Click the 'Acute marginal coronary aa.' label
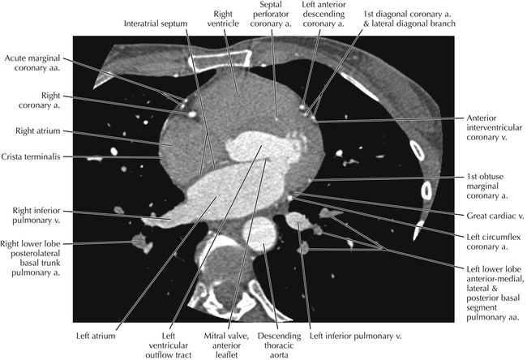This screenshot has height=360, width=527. (32, 63)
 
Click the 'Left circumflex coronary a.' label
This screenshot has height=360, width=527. (486, 240)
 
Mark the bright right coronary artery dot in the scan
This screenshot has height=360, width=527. (192, 114)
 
